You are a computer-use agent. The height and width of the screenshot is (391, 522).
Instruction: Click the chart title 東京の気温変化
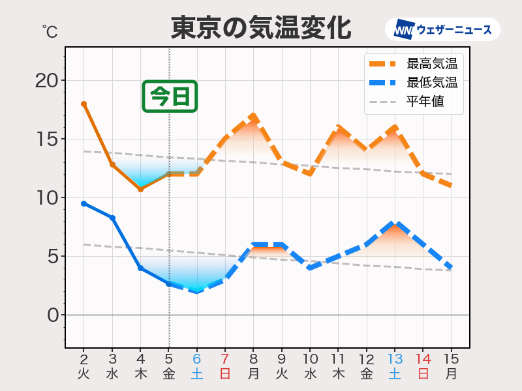[260, 29]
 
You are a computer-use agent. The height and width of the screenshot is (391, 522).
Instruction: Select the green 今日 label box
[170, 96]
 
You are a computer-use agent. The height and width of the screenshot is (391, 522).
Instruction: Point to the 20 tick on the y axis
[46, 80]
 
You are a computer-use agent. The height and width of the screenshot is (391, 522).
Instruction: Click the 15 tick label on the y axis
[46, 139]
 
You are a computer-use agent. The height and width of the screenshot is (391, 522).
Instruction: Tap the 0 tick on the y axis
[52, 315]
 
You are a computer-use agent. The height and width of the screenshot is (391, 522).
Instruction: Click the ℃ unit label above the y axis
[49, 31]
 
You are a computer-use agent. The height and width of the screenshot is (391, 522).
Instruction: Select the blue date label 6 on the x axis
[196, 359]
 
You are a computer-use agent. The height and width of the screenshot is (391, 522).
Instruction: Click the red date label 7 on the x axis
[225, 359]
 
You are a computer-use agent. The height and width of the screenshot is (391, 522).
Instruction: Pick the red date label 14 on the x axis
[423, 359]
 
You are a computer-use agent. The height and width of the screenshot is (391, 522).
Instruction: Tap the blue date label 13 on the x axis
[395, 359]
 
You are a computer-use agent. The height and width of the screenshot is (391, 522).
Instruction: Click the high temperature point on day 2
[84, 104]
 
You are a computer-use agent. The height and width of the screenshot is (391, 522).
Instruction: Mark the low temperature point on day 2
[84, 203]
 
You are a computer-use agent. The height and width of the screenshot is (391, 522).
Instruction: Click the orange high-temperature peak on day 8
[253, 116]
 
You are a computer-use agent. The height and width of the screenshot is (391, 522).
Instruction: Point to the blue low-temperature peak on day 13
[395, 224]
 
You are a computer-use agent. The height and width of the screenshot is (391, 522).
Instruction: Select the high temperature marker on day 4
[140, 189]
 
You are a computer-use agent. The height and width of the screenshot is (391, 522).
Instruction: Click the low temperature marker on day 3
[112, 218]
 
